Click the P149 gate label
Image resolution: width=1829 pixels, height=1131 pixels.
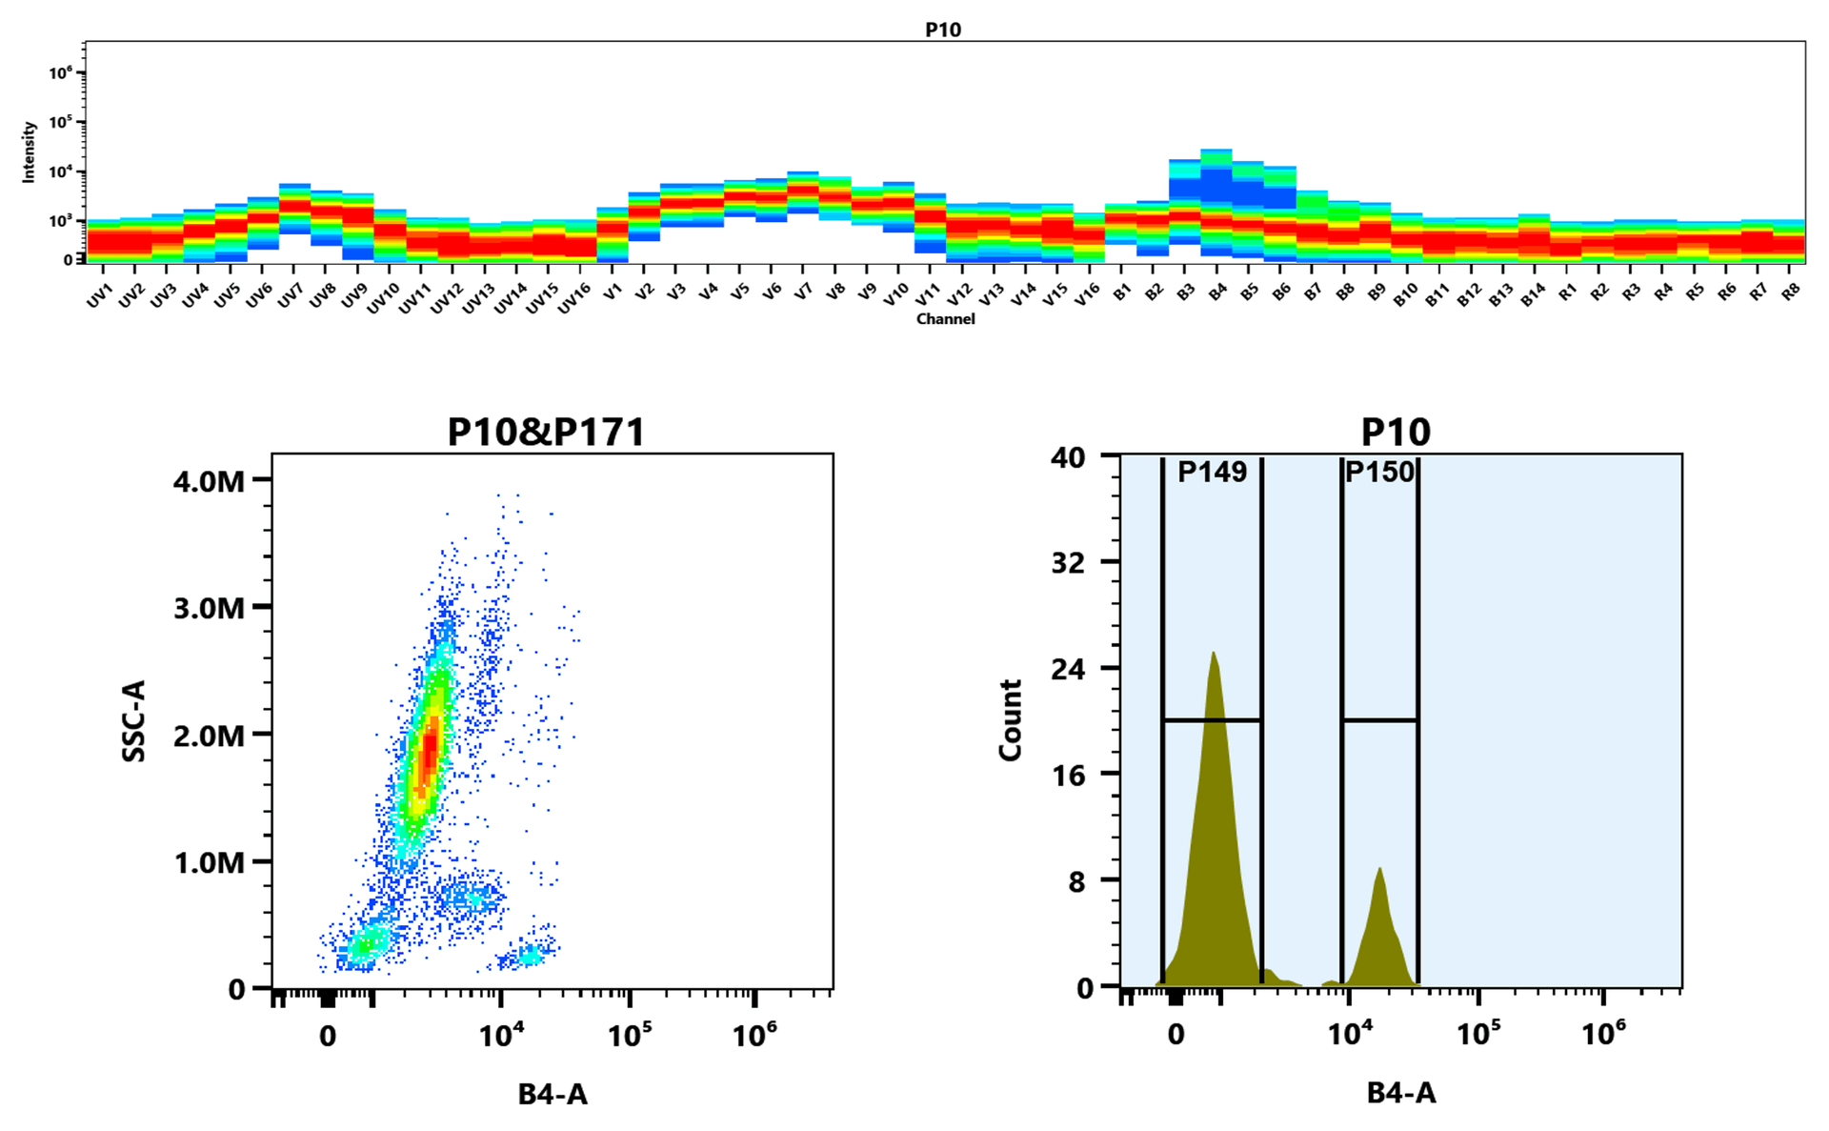(x=1212, y=472)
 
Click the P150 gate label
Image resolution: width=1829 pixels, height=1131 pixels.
(x=1379, y=472)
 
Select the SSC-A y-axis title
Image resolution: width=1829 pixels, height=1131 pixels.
(x=134, y=721)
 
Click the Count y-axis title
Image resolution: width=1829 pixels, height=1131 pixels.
(x=1010, y=720)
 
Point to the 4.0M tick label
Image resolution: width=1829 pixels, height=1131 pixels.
(x=209, y=481)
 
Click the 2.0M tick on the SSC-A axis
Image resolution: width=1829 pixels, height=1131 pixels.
(x=209, y=735)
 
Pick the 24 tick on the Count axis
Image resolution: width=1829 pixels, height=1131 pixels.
(x=1068, y=668)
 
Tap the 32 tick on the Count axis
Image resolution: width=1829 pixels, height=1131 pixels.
(x=1068, y=562)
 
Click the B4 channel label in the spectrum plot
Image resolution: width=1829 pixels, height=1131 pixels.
(x=1217, y=293)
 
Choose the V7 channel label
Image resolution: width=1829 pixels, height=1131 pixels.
(x=803, y=293)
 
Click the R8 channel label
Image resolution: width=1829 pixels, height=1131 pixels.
(x=1790, y=293)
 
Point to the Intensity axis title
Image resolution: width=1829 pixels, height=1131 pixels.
(x=30, y=151)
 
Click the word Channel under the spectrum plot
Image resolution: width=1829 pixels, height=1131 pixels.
(x=945, y=319)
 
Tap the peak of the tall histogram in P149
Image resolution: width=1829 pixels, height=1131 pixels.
(x=1213, y=655)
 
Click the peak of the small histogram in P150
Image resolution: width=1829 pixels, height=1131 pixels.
(x=1378, y=869)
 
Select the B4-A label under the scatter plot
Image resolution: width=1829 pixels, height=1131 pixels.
(x=553, y=1094)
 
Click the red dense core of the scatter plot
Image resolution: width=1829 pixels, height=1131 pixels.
(x=430, y=748)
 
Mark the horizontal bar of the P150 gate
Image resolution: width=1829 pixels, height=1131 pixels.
(x=1379, y=720)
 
